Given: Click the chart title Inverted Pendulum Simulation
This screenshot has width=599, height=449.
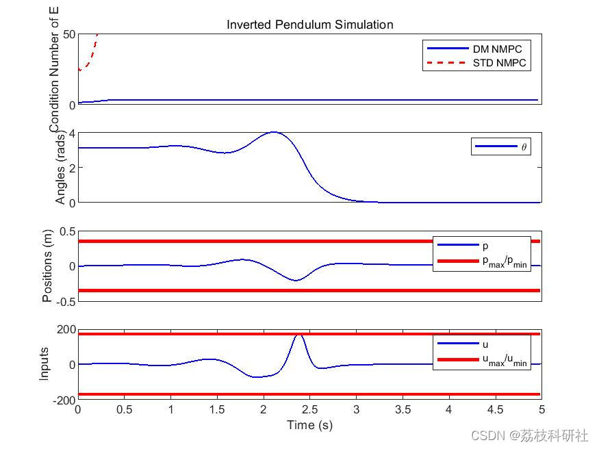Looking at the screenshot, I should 309,25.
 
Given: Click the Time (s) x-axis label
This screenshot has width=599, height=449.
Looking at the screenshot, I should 309,425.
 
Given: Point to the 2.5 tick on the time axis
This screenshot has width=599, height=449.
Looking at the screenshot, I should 309,410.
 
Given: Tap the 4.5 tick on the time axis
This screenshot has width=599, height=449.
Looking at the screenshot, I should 495,410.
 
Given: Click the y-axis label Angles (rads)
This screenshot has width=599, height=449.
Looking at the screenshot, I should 61,168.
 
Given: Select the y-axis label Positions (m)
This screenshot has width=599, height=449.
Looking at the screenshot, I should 47,266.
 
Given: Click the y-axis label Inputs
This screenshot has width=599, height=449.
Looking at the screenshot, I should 44,364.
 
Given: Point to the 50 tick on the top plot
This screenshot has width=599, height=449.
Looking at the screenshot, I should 68,35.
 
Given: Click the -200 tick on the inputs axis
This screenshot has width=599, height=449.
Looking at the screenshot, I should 63,400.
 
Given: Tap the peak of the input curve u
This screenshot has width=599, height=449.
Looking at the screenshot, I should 298,335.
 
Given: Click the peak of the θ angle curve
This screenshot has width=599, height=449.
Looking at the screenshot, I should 274,132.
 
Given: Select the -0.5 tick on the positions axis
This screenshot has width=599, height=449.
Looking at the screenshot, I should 64,302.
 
